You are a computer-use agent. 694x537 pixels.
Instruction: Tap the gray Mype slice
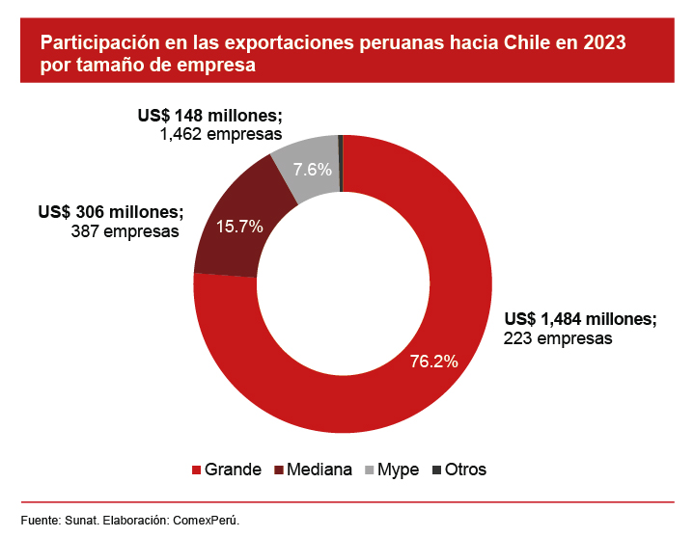point(307,164)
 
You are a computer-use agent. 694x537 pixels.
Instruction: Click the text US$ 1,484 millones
point(580,320)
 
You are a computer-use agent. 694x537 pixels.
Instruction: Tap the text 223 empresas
point(558,338)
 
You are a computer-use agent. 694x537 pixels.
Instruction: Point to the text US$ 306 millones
point(109,212)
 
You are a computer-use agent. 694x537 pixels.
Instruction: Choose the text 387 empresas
point(125,231)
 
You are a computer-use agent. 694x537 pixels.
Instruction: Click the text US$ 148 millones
point(209,116)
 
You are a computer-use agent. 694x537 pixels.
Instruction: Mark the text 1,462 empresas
point(221,134)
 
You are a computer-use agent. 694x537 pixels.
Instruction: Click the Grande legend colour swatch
point(198,470)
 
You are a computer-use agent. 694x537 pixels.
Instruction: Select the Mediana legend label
point(319,470)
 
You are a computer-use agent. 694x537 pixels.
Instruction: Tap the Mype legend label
point(398,470)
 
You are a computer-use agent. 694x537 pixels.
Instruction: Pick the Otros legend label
point(465,470)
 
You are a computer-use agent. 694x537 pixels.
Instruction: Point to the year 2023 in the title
point(600,43)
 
